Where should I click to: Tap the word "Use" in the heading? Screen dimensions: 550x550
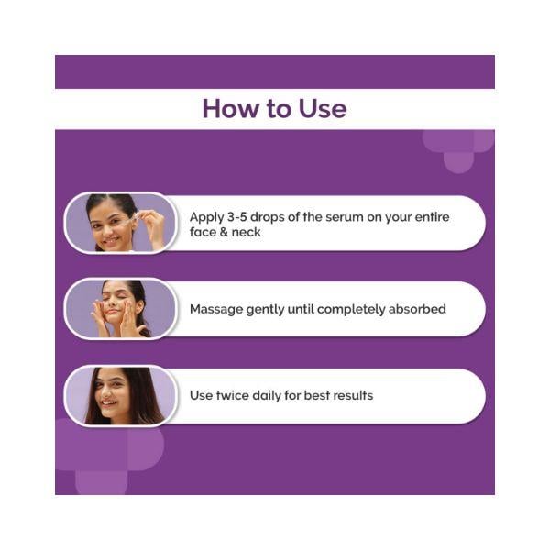(323, 108)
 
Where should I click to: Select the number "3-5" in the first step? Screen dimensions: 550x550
(236, 216)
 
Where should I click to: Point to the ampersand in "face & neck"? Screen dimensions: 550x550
(224, 232)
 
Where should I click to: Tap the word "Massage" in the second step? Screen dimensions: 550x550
(216, 310)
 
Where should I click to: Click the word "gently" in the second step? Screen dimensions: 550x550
(265, 310)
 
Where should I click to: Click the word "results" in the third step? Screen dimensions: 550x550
(353, 395)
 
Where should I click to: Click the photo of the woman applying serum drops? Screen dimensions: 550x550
(120, 223)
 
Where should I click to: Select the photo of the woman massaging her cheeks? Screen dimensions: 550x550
(120, 309)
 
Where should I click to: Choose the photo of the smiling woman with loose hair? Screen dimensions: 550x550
(120, 395)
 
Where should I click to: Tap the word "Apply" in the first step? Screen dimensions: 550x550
(206, 218)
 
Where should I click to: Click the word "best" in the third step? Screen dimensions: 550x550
(317, 395)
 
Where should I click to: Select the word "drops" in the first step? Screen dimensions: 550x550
(268, 218)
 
